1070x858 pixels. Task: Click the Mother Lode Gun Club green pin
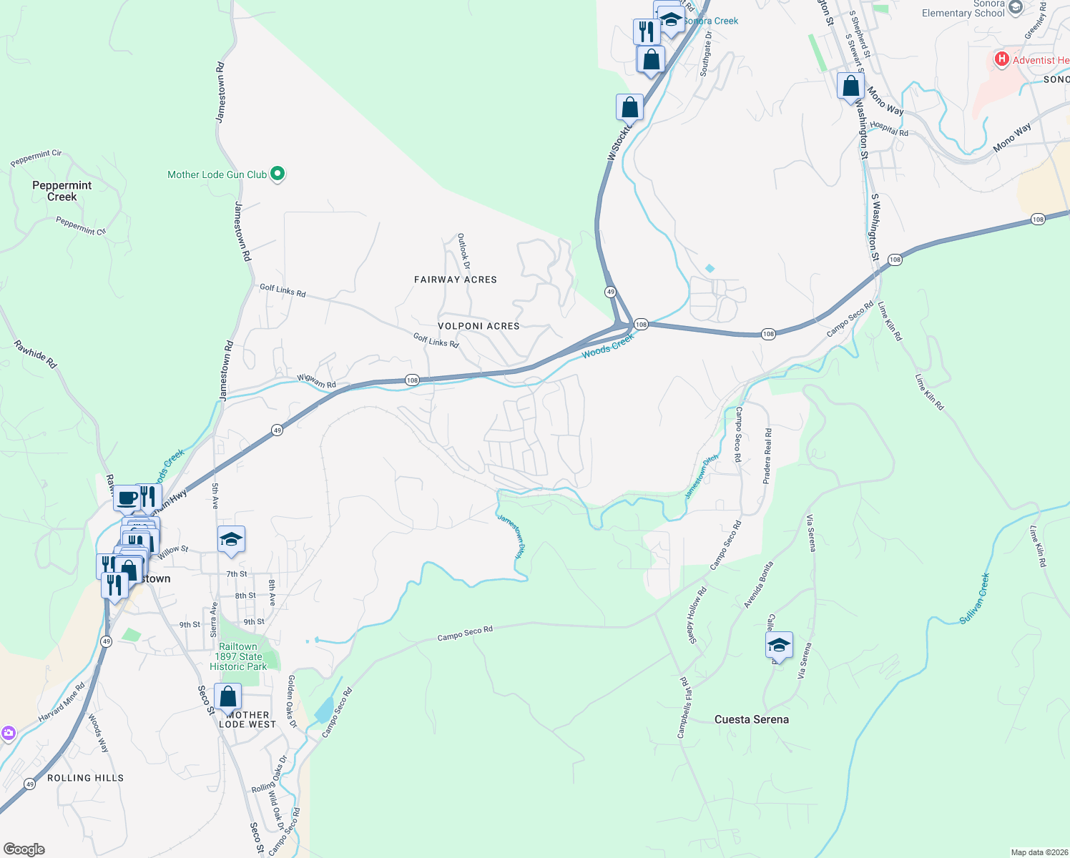[278, 174]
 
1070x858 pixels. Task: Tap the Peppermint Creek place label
[62, 191]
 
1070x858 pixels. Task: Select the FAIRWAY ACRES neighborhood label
[456, 280]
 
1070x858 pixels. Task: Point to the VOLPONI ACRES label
[478, 326]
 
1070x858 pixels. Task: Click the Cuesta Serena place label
[752, 719]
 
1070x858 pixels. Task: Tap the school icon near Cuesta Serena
[779, 646]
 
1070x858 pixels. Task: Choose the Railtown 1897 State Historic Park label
[238, 656]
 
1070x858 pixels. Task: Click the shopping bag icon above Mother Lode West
[227, 696]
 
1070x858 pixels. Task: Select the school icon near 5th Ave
[231, 540]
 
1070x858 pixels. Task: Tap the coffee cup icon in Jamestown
[127, 498]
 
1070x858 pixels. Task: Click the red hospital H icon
[1002, 59]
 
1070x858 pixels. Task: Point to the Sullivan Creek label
[975, 598]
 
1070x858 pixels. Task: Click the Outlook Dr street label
[464, 251]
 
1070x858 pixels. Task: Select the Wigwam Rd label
[317, 381]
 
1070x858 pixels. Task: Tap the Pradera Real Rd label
[767, 456]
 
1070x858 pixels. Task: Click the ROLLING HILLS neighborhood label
[86, 778]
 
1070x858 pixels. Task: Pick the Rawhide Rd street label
[35, 355]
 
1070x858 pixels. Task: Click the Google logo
[24, 849]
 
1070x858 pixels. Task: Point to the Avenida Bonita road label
[758, 585]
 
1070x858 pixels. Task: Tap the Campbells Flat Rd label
[685, 708]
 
